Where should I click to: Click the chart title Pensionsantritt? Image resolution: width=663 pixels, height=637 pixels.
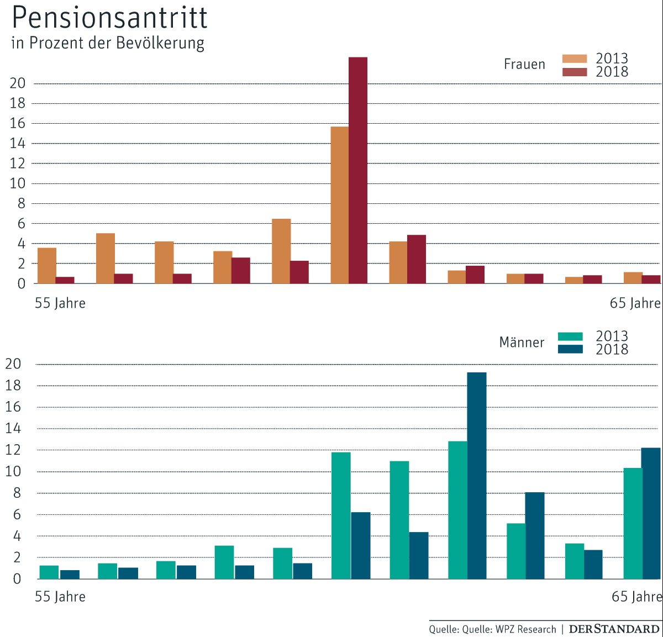[109, 18]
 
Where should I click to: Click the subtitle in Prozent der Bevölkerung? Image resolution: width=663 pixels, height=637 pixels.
[108, 43]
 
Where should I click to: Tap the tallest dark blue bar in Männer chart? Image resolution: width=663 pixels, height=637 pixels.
[477, 475]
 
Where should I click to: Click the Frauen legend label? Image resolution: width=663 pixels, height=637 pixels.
[524, 64]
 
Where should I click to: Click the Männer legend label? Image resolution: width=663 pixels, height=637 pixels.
[522, 343]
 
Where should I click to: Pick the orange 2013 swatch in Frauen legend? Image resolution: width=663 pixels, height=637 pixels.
[575, 59]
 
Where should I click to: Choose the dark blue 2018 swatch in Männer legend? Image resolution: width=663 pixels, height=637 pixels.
[570, 349]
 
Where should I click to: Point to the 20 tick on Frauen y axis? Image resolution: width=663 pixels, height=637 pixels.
[18, 83]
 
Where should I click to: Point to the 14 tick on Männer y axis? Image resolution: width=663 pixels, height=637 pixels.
[13, 429]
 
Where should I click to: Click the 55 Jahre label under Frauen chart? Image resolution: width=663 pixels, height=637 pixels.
[60, 303]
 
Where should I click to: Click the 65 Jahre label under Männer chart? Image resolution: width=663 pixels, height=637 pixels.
[636, 597]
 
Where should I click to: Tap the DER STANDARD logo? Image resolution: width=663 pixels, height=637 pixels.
[614, 629]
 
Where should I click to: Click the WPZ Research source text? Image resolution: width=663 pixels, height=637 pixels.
[525, 629]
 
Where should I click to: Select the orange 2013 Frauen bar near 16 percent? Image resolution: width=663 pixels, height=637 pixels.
[340, 205]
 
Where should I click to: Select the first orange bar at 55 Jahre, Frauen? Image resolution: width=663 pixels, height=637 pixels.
[47, 266]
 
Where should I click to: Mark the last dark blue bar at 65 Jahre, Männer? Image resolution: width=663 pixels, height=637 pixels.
[651, 513]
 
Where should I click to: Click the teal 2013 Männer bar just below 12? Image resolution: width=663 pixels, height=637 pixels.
[341, 515]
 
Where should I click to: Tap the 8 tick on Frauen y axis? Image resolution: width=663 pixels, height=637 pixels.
[21, 204]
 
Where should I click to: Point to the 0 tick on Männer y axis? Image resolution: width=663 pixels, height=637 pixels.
[17, 579]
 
